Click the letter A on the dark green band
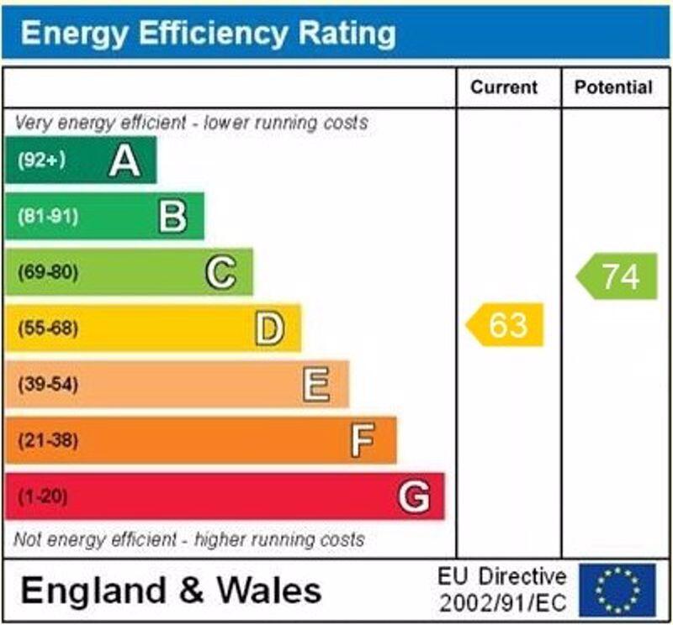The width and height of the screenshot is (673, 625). [x=125, y=160]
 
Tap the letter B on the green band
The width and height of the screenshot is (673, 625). [x=172, y=216]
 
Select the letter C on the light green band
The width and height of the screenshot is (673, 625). [x=220, y=272]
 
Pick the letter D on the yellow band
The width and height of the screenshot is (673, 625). [x=269, y=328]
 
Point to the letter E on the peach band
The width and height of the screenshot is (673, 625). [x=316, y=385]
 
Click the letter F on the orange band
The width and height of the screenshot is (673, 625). [x=363, y=440]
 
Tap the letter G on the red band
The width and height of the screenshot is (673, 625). [x=413, y=496]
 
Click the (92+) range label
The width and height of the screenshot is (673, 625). [x=41, y=160]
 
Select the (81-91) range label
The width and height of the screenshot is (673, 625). [x=47, y=216]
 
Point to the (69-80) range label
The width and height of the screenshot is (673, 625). [x=48, y=272]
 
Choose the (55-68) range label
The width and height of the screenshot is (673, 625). [x=48, y=328]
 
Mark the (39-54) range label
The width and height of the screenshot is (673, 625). [x=48, y=385]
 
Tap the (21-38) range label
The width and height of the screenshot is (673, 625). [x=48, y=440]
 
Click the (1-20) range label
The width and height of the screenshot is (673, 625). [x=42, y=496]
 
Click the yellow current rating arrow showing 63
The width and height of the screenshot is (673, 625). [x=506, y=324]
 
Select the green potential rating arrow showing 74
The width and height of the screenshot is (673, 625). [x=618, y=276]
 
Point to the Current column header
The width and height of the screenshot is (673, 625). [x=504, y=87]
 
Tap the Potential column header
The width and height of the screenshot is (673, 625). [x=613, y=87]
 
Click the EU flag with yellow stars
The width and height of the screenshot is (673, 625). [x=617, y=590]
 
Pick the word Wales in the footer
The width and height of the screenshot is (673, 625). [x=268, y=590]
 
